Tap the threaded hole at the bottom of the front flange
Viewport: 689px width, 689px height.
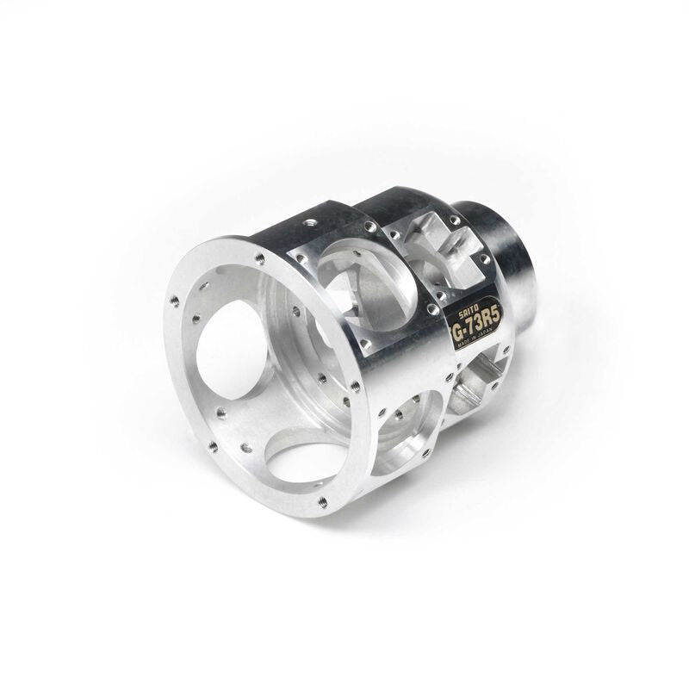(322, 500)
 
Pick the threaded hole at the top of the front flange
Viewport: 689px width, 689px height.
(259, 256)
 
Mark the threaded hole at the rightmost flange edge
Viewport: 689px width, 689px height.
(355, 385)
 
